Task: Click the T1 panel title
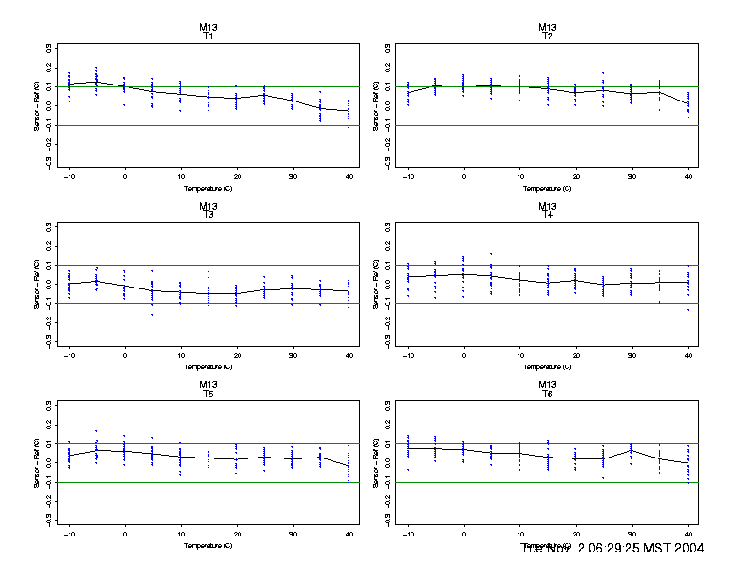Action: pos(209,37)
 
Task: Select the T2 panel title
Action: pos(548,37)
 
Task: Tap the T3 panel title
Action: pos(209,215)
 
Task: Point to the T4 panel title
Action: pos(548,215)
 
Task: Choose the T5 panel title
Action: pos(209,394)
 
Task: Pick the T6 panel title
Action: pos(548,394)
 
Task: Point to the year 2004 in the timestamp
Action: pos(686,548)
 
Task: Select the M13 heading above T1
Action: pos(209,27)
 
